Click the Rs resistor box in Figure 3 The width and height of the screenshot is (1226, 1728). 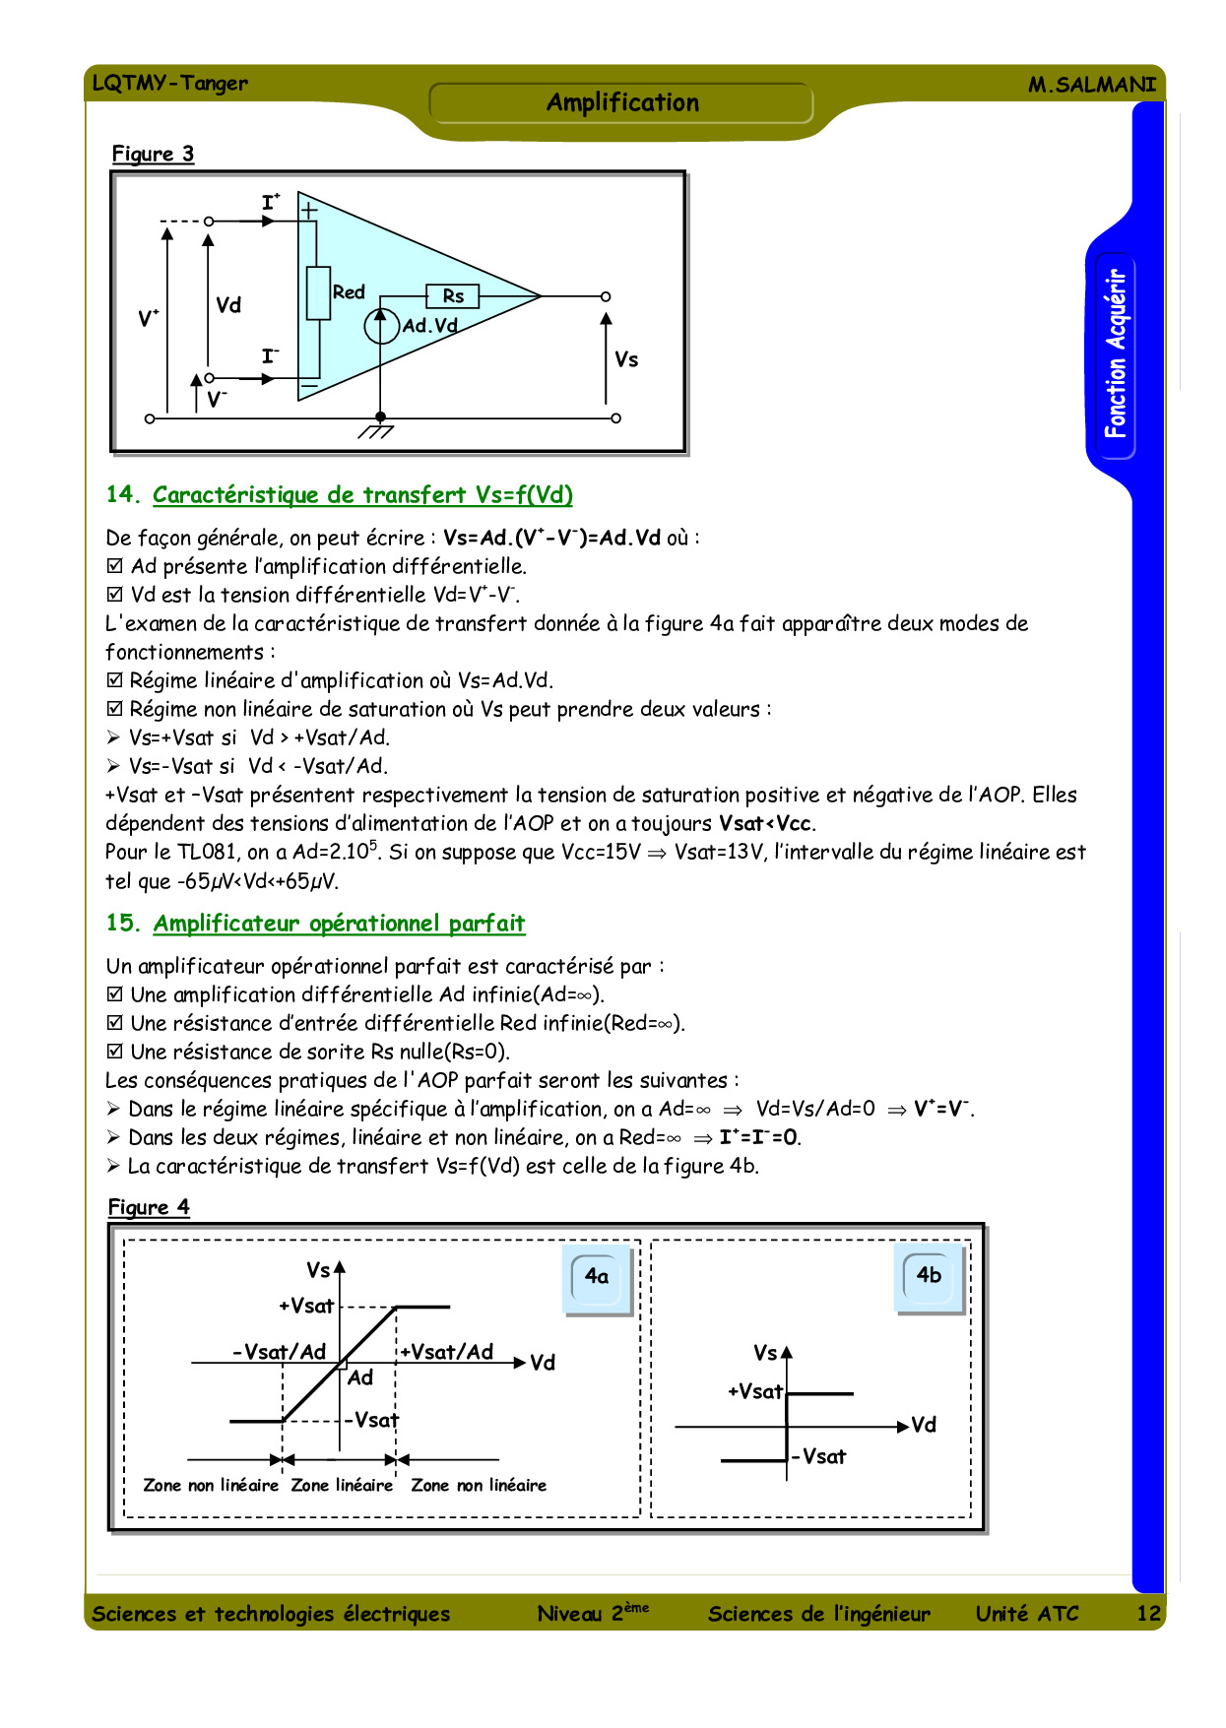pos(452,295)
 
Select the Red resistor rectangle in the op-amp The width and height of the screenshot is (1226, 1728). pos(318,292)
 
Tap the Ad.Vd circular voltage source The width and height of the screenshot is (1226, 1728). pos(380,326)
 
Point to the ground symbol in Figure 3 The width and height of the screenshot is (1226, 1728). pos(377,431)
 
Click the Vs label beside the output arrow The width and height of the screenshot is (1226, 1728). pos(626,360)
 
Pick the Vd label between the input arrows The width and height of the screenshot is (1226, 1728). pos(228,305)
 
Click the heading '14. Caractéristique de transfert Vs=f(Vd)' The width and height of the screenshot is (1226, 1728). pos(340,495)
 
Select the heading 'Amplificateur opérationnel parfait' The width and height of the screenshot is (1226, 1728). pos(339,924)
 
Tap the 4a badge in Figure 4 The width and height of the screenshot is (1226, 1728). pos(597,1277)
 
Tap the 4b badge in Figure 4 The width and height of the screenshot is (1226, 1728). pos(929,1276)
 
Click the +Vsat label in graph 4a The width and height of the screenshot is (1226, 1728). pos(306,1307)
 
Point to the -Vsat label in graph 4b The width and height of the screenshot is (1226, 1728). pos(819,1457)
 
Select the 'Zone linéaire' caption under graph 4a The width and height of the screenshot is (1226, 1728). pos(342,1486)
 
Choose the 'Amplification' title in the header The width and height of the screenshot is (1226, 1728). pos(622,102)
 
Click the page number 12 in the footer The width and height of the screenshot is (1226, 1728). pos(1148,1613)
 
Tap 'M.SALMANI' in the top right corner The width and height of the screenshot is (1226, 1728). pos(1092,85)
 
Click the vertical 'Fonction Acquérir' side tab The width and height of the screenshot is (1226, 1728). pos(1114,354)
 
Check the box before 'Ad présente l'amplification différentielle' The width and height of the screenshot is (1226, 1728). pos(115,566)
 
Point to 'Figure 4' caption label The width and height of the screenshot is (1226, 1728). pos(149,1207)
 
